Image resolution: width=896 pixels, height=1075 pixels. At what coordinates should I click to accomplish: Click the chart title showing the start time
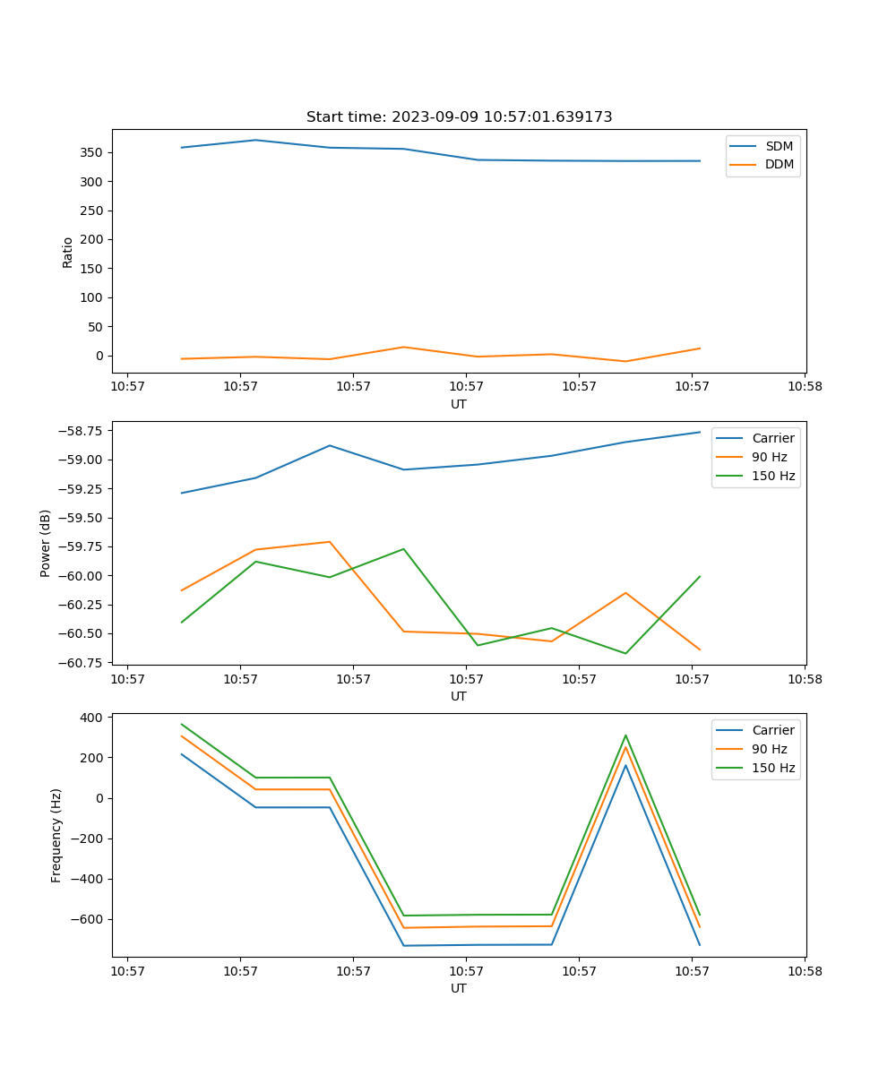[459, 117]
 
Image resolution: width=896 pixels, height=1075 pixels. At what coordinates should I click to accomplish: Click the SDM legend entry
[779, 146]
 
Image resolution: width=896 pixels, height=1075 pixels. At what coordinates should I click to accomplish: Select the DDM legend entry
[779, 164]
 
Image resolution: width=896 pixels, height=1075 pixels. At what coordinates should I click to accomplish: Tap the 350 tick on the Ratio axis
[92, 152]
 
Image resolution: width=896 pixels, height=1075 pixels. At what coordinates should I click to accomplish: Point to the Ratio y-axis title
[68, 252]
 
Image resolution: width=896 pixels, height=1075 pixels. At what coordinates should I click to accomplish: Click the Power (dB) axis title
[46, 543]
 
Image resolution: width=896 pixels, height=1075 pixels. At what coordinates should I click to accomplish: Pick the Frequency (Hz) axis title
[56, 835]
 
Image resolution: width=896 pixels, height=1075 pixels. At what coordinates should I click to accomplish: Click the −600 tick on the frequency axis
[90, 919]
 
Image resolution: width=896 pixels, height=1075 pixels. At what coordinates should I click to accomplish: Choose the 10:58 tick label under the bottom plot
[804, 971]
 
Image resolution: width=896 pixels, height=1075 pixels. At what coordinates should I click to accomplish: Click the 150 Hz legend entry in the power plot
[773, 476]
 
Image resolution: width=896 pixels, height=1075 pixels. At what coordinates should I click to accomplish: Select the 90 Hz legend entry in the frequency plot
[770, 749]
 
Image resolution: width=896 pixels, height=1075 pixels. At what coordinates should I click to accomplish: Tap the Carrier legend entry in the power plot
[773, 438]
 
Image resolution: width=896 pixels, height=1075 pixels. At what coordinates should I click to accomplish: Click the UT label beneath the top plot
[459, 404]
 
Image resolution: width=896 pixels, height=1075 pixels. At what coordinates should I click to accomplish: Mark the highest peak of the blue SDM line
[255, 140]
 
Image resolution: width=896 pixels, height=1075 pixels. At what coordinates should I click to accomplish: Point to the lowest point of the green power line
[625, 653]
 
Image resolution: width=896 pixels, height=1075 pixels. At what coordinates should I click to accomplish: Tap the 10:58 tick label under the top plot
[804, 387]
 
